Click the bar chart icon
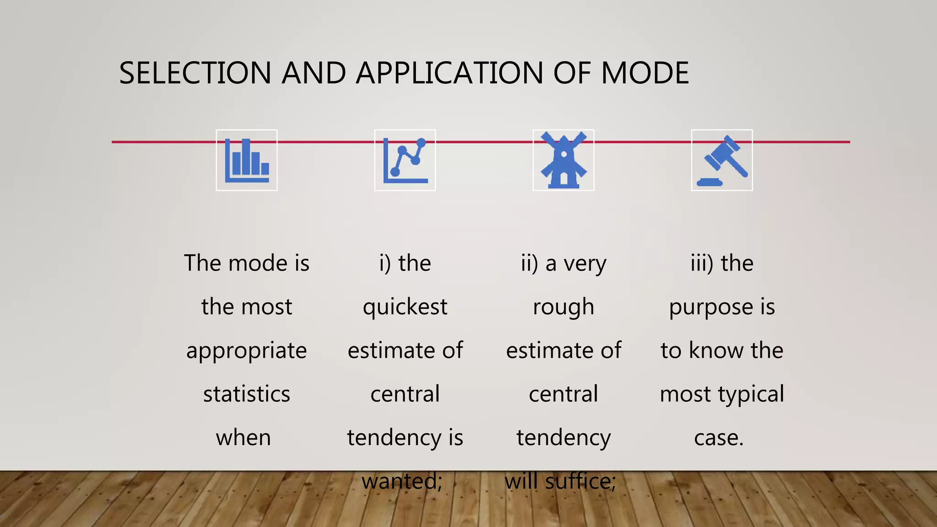[247, 160]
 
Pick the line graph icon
[405, 160]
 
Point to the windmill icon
[563, 160]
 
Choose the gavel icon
[722, 160]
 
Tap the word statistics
[247, 394]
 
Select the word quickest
[405, 307]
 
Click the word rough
[563, 307]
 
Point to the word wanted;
[402, 481]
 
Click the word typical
[751, 394]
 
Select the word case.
[719, 438]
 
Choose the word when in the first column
[243, 438]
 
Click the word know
[716, 350]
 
